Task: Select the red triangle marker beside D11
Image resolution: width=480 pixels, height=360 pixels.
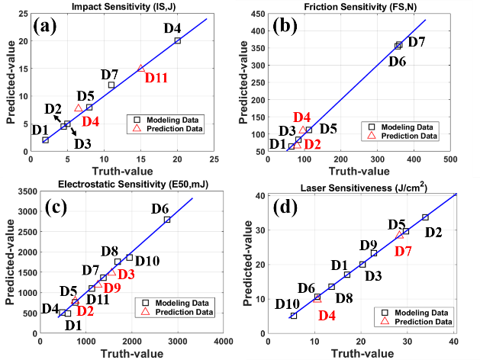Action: tap(141, 68)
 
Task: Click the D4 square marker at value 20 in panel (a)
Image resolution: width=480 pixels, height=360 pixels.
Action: tap(178, 40)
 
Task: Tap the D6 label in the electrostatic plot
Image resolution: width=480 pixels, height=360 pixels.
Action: tap(160, 208)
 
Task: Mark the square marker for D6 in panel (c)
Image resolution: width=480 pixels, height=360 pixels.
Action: tap(167, 220)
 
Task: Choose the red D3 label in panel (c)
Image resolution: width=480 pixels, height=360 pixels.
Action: tap(127, 274)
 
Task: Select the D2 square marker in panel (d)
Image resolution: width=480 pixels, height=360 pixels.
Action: tap(425, 217)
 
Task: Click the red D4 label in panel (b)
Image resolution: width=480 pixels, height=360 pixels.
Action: tap(301, 117)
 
